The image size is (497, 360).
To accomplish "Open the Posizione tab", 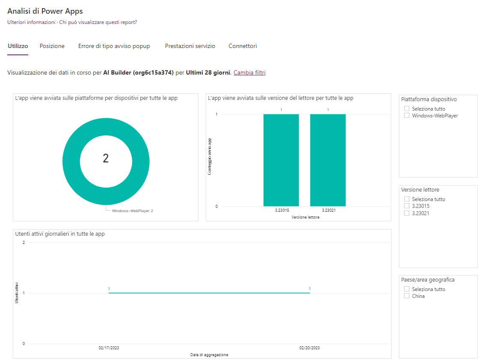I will coord(52,46).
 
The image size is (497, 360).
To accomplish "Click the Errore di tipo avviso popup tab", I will coord(114,46).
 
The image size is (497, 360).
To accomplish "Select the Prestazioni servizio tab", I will coord(190,46).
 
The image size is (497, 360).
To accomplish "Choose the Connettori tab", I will coord(243,46).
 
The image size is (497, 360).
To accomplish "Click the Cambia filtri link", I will coord(249,73).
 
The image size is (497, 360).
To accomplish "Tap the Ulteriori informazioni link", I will coord(31,22).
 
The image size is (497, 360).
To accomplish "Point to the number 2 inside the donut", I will coord(106,159).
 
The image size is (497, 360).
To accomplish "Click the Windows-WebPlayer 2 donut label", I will coord(132,211).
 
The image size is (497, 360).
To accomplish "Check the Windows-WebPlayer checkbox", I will coord(407,116).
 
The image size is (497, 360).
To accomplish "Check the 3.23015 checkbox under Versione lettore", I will coord(407,206).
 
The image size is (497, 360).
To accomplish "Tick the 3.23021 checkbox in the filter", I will coord(407,213).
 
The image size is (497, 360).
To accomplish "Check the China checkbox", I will coord(407,296).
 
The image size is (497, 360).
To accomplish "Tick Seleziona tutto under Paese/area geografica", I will coord(407,289).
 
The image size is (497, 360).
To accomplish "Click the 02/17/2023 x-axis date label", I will coord(108,348).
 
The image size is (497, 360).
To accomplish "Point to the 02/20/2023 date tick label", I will coord(309,348).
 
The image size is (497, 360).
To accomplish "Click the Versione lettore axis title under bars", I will coord(305,217).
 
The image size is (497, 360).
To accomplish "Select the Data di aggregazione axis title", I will coord(209,355).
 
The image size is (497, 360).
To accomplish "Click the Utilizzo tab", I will coord(18,46).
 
